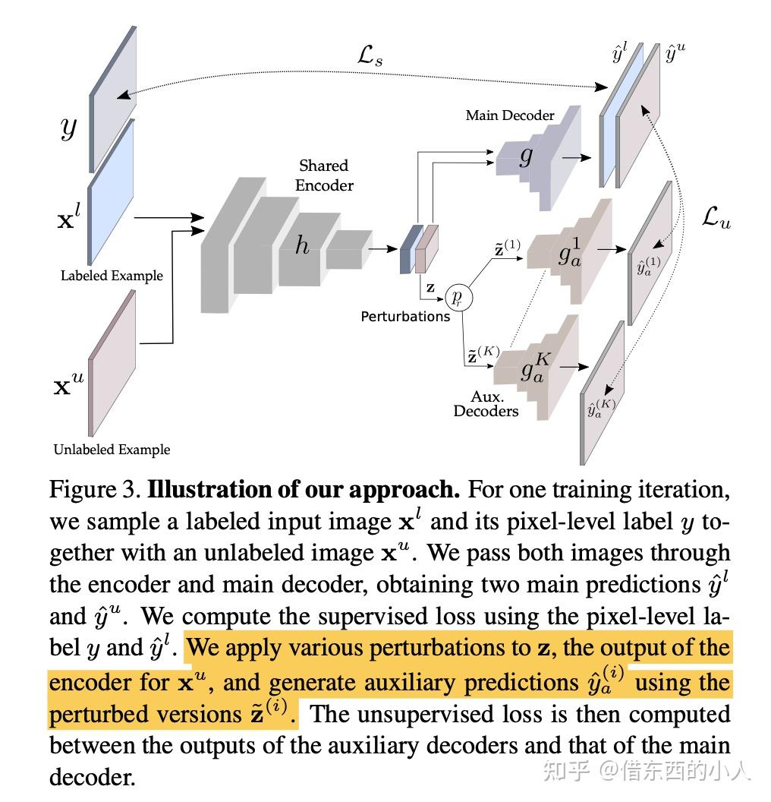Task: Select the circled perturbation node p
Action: click(458, 296)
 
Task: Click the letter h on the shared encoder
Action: click(302, 245)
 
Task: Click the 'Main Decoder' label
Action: click(509, 115)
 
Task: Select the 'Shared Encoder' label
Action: click(324, 175)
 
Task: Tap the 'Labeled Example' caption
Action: click(112, 276)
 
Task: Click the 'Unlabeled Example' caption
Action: click(112, 450)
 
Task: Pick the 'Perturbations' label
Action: click(405, 316)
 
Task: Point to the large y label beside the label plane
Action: click(69, 129)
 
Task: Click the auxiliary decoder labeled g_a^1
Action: click(571, 254)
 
